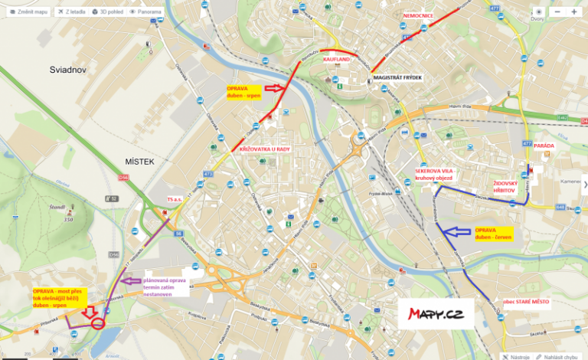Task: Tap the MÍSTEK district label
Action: pos(139,162)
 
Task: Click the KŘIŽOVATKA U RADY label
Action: pos(264,149)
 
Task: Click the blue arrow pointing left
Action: pos(458,231)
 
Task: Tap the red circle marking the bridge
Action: pos(98,322)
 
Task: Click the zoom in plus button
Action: pos(574,12)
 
